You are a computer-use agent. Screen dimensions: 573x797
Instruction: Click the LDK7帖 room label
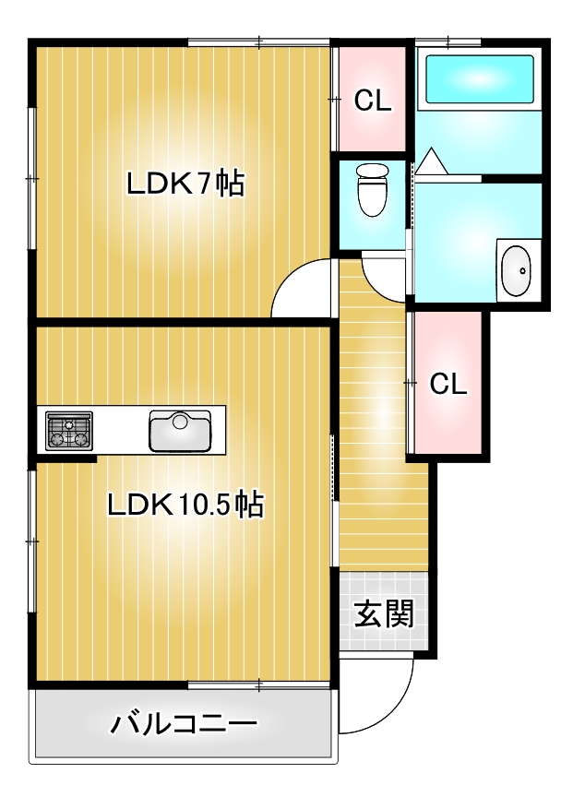point(185,184)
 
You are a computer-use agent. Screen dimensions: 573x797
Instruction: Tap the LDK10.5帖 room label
point(185,505)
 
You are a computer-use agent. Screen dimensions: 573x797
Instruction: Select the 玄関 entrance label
point(384,613)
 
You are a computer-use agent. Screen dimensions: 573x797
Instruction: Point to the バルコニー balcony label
point(184,723)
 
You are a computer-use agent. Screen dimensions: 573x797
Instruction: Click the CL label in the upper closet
point(373,101)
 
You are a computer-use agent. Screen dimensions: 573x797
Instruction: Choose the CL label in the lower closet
point(448,384)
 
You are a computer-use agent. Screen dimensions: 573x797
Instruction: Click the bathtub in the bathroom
point(480,79)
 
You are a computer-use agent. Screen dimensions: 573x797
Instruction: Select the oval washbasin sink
point(516,270)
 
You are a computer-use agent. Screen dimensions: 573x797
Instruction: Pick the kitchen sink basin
point(180,431)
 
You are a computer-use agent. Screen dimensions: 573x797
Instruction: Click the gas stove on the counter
point(69,431)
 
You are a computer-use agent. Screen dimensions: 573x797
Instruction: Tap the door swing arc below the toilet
point(376,286)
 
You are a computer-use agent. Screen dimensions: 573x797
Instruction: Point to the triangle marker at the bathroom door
point(432,161)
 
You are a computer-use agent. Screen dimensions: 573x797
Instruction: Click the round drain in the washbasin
point(522,271)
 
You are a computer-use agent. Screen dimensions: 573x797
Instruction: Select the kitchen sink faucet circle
point(180,421)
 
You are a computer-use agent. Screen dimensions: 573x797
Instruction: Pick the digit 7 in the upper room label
point(203,184)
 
